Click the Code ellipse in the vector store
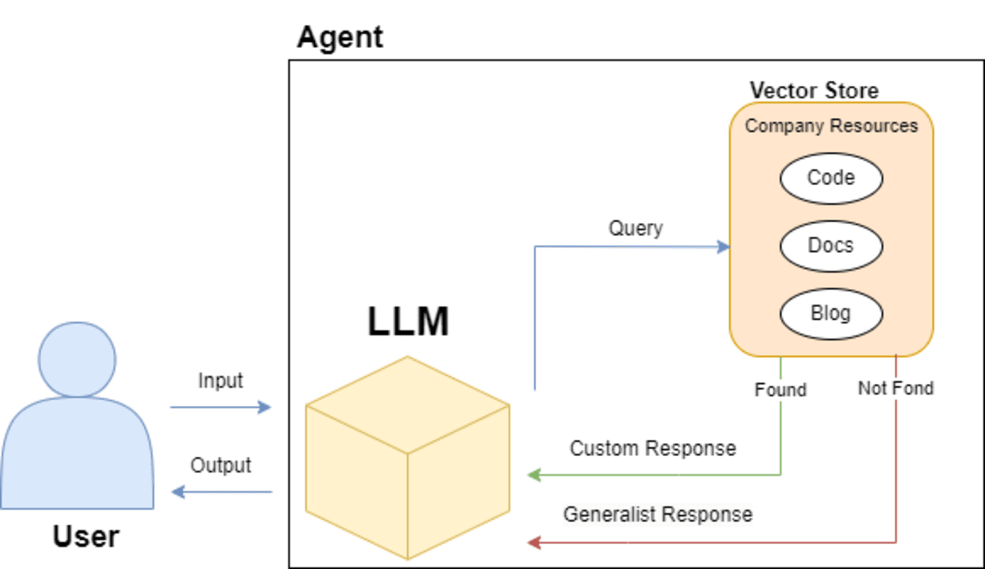[831, 178]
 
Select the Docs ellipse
[831, 246]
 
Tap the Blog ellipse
[831, 314]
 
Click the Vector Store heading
[814, 90]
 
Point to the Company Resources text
[831, 126]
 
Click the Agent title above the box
[340, 38]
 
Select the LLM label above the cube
[408, 322]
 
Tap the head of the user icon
[77, 359]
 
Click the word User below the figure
[86, 536]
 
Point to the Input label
[221, 381]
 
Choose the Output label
[221, 465]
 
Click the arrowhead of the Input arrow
[264, 408]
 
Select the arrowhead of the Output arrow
[178, 491]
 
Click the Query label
[636, 229]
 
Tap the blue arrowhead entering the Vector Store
[723, 247]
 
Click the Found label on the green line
[780, 390]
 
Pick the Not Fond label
[896, 388]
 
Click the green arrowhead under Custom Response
[534, 475]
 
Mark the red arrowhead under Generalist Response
[534, 543]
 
